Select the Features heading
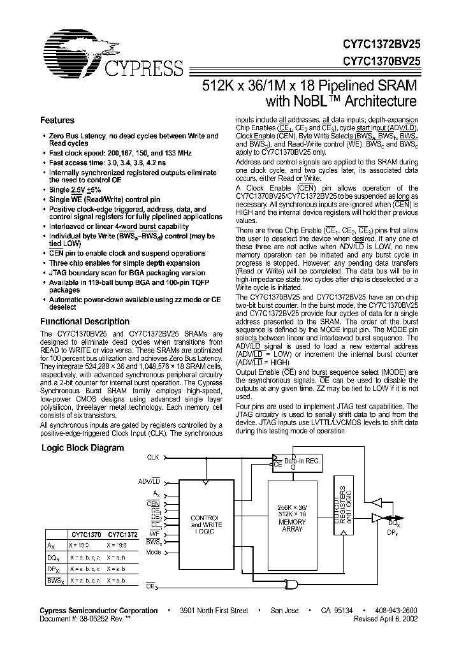pyautogui.click(x=57, y=120)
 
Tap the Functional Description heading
pyautogui.click(x=85, y=322)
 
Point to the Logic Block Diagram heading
pyautogui.click(x=83, y=448)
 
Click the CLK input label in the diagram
pyautogui.click(x=153, y=457)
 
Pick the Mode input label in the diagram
pyautogui.click(x=153, y=553)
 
